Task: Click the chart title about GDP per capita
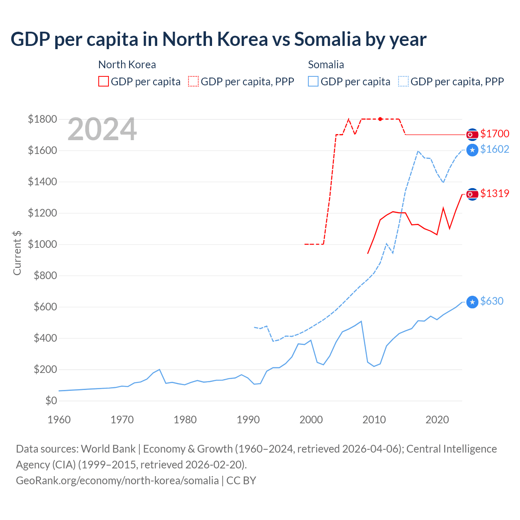(219, 39)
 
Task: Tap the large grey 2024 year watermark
(102, 129)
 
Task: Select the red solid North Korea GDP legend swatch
(104, 81)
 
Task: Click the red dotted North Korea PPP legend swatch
(193, 81)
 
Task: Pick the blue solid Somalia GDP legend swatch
(313, 81)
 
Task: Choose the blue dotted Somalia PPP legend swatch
(403, 81)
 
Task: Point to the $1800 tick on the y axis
(42, 119)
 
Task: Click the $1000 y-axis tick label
(42, 244)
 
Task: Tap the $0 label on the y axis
(51, 401)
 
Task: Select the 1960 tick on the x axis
(59, 420)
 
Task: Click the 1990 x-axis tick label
(248, 420)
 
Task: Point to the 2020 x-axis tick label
(437, 420)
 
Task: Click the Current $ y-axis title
(17, 253)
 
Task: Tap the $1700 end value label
(494, 134)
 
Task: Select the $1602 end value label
(494, 149)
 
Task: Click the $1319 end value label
(494, 193)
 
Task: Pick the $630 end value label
(492, 301)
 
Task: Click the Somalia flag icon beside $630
(472, 302)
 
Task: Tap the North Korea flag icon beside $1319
(472, 194)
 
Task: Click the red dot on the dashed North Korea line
(380, 119)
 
